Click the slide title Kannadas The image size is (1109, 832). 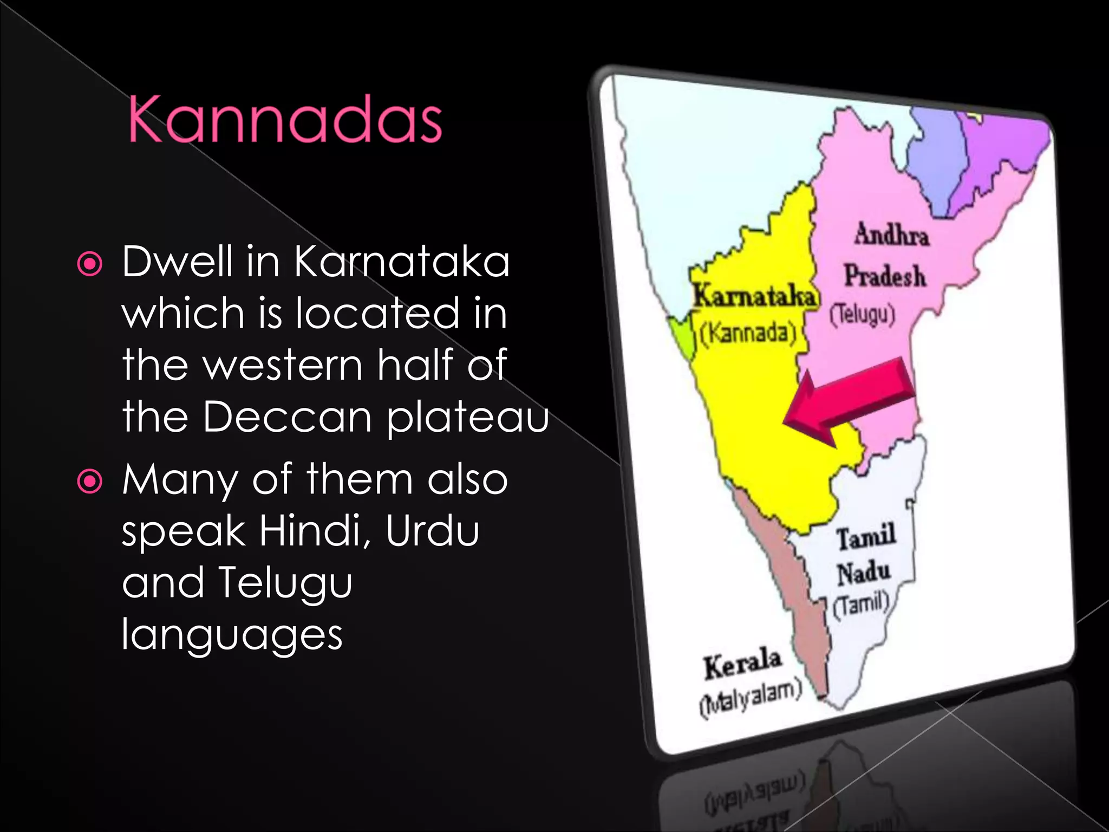click(285, 120)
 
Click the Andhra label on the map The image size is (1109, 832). click(891, 235)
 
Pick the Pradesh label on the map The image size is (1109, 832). click(885, 275)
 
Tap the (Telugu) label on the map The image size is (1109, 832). click(863, 315)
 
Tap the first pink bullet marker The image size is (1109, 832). click(90, 264)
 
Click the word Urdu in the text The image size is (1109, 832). click(433, 531)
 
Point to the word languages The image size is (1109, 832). click(232, 634)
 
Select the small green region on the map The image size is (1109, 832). click(681, 336)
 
